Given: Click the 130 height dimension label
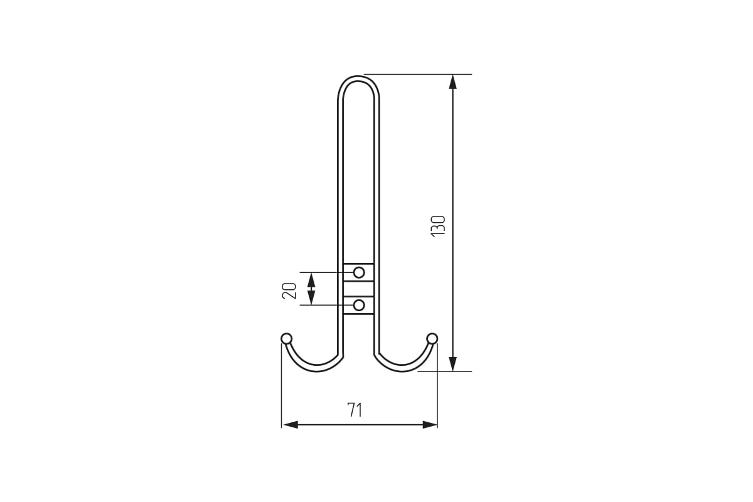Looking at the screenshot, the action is click(x=439, y=227).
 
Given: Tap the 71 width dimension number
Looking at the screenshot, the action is click(x=355, y=410).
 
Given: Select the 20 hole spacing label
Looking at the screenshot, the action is click(x=289, y=291).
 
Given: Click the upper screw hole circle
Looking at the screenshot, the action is click(x=359, y=272).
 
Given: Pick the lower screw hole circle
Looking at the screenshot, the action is click(x=359, y=306).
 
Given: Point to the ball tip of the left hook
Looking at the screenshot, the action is click(x=286, y=339).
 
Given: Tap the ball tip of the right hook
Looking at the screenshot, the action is click(x=432, y=339).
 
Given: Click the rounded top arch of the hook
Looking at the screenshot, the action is click(x=359, y=78).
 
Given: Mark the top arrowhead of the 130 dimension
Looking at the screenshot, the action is click(x=453, y=82).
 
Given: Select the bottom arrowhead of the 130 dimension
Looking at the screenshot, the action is click(x=453, y=364).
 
